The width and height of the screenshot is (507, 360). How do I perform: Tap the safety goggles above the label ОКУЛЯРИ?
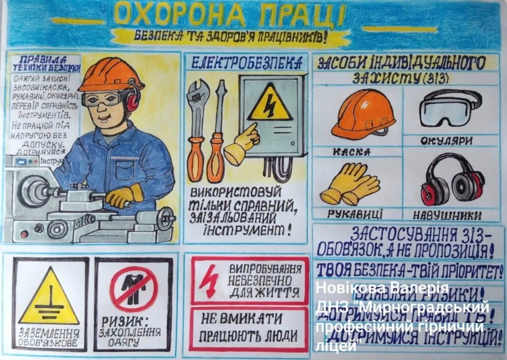pyautogui.click(x=449, y=108)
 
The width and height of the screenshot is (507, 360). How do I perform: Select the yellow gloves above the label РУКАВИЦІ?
pyautogui.click(x=349, y=184)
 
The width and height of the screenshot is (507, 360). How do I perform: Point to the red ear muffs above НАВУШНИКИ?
pyautogui.click(x=452, y=180)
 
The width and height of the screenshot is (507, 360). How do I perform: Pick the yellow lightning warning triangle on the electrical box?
pyautogui.click(x=270, y=104)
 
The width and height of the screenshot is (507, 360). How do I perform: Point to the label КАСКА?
pyautogui.click(x=351, y=151)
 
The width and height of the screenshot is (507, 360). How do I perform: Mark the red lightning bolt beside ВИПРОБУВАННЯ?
pyautogui.click(x=208, y=281)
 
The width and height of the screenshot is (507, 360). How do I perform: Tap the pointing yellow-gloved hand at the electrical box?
pyautogui.click(x=242, y=144)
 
